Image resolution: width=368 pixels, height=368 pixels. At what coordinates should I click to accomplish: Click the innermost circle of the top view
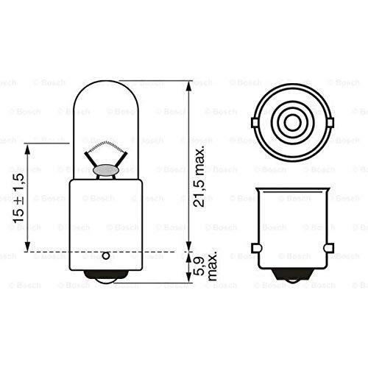pos(292,123)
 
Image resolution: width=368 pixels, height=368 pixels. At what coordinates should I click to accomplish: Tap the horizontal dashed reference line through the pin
pos(147,252)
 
